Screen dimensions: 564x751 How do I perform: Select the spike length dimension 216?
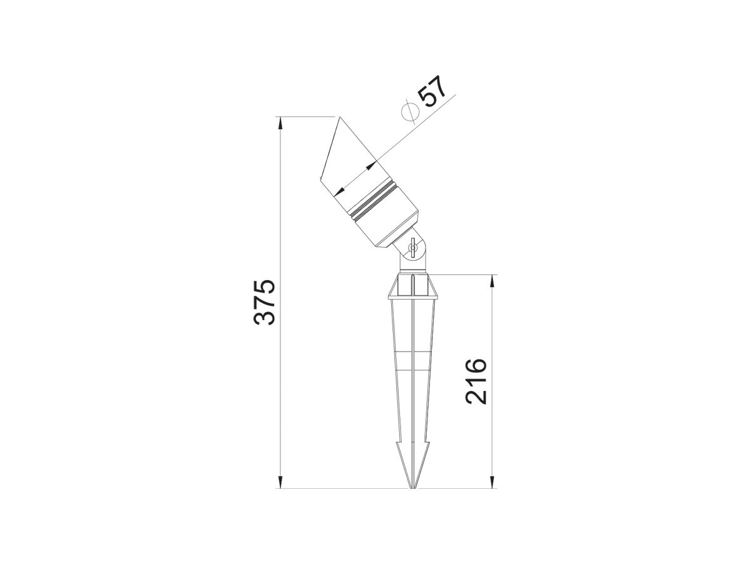coord(476,381)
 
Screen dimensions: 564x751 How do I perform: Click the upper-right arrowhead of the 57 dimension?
coord(372,167)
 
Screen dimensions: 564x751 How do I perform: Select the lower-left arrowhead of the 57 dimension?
coord(340,191)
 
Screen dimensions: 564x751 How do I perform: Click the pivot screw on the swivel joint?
coord(412,248)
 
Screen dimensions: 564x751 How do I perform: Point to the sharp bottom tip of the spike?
coord(412,488)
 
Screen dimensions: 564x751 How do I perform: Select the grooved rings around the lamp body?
coord(374,201)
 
